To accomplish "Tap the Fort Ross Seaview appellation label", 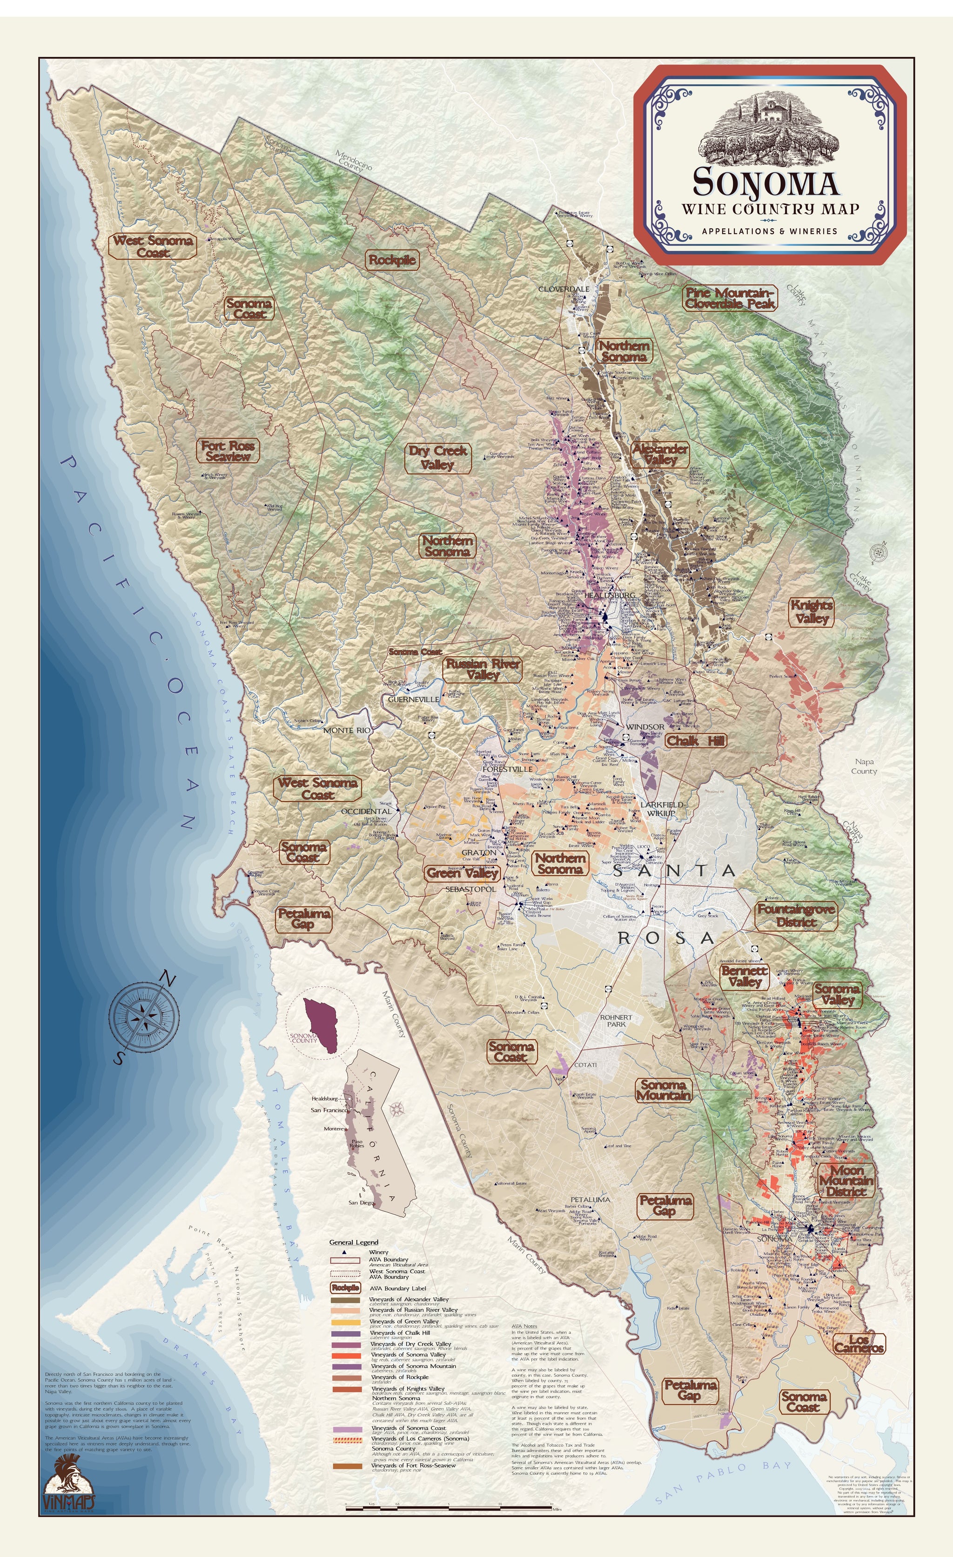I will [x=228, y=451].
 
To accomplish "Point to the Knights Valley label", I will [x=812, y=612].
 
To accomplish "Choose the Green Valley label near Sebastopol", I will [x=463, y=873].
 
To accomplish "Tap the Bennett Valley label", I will [x=745, y=976].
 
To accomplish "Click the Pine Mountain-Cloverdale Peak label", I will [x=730, y=298].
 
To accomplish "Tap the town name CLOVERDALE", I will [x=564, y=289].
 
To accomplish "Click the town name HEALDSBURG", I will [x=610, y=595].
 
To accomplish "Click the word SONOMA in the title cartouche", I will [x=765, y=182].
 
